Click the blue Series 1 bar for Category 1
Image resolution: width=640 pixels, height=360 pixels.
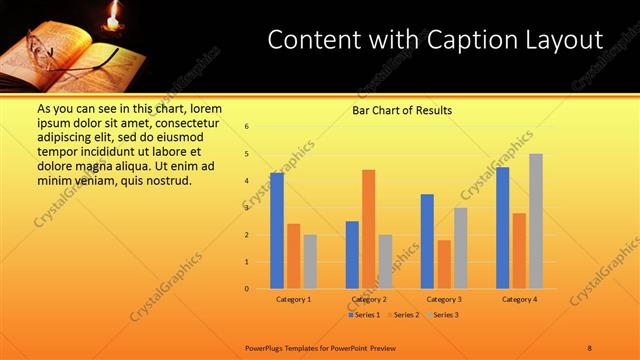click(277, 231)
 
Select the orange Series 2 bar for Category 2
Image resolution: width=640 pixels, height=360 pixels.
click(368, 229)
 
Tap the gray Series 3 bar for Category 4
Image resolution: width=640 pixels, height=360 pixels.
click(536, 221)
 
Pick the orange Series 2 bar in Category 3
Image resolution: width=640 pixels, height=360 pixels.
click(444, 264)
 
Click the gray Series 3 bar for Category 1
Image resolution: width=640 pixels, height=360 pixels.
click(310, 262)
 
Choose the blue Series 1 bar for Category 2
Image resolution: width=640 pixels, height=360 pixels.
click(352, 255)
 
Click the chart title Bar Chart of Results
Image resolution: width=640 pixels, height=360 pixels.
click(402, 110)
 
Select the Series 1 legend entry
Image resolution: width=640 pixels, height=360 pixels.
click(362, 315)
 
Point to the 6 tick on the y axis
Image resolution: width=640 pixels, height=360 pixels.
click(246, 127)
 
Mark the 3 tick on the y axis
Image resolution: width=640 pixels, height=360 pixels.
click(246, 208)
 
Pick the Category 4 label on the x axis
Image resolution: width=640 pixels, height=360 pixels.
click(519, 299)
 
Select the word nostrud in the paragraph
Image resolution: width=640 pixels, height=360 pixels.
click(167, 180)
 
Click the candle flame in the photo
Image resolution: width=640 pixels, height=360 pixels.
click(113, 14)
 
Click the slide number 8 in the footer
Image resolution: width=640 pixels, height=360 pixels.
click(590, 347)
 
